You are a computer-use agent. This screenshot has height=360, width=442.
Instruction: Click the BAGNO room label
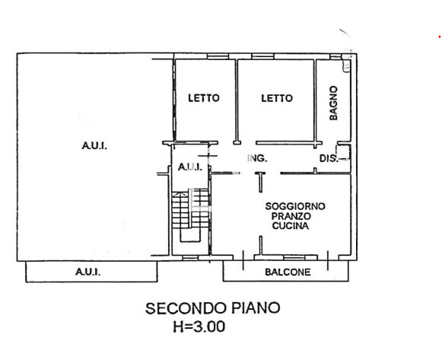pos(333,104)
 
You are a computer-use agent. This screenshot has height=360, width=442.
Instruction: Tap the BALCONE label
pos(288,272)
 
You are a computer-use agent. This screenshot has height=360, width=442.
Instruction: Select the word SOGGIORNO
pos(295,206)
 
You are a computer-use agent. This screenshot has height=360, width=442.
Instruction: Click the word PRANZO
pos(291,216)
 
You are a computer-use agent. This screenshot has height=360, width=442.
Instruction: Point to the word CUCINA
pos(291,226)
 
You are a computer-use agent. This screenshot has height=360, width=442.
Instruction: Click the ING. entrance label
pos(257,158)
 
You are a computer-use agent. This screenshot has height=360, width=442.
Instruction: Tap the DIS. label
pos(329,158)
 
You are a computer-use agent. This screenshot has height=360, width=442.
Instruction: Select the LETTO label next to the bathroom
pos(277,98)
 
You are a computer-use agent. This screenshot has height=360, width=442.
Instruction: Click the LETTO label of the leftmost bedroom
pos(204,98)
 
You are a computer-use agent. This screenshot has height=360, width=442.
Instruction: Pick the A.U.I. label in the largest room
pos(94,145)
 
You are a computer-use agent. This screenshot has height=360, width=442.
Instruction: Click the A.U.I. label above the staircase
pos(190,167)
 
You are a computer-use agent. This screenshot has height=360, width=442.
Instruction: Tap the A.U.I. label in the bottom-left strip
pos(88,272)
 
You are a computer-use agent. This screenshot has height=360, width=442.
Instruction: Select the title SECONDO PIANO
pos(213,308)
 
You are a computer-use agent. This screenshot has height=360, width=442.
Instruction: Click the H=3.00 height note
pos(199,327)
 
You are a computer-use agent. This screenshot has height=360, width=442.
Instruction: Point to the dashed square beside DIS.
pos(344,152)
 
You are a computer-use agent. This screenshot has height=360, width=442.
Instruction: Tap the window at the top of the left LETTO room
pos(218,56)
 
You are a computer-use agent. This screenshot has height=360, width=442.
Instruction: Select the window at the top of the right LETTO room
pos(262,56)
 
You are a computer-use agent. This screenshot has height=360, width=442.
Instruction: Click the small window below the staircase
pos(190,258)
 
